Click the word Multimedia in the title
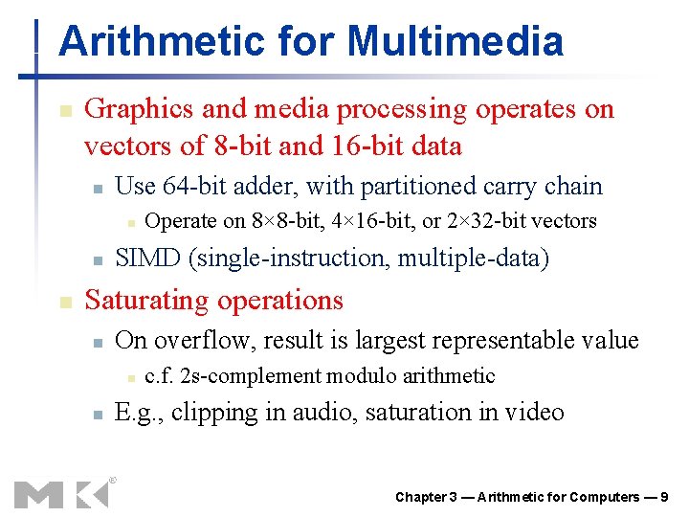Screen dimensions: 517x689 455,41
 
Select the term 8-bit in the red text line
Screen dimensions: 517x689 239,146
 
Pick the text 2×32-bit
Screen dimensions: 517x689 485,221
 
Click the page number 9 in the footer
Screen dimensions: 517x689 663,497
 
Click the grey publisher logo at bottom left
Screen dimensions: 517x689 61,492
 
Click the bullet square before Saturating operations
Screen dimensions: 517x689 63,302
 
